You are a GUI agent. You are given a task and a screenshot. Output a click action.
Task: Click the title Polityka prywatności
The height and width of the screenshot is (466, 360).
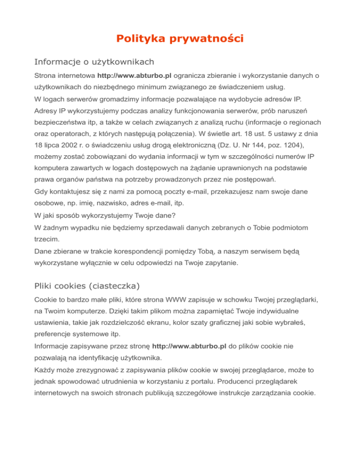coord(180,38)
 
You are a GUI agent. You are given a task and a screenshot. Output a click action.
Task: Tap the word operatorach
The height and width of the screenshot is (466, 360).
coord(73,133)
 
